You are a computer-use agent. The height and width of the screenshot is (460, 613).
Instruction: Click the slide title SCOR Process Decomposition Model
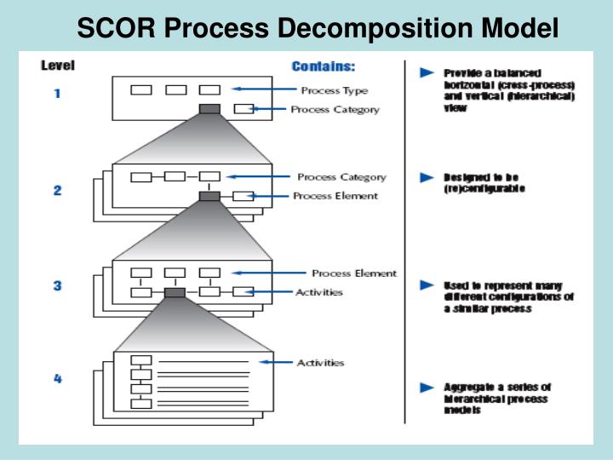tap(318, 27)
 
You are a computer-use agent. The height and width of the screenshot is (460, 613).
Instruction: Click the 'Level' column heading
tap(58, 66)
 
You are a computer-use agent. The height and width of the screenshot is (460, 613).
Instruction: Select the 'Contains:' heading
tap(324, 66)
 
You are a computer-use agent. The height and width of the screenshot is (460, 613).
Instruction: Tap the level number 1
tap(57, 95)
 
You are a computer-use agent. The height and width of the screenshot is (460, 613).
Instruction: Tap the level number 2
tap(57, 191)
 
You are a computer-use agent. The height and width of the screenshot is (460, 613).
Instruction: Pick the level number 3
tap(57, 286)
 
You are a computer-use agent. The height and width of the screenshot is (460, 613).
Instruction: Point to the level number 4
tap(57, 379)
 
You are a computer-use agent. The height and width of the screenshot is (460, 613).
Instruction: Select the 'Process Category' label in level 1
tap(335, 109)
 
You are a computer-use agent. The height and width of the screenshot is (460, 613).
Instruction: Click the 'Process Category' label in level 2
tap(341, 177)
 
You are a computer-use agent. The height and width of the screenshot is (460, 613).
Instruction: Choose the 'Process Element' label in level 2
tap(335, 196)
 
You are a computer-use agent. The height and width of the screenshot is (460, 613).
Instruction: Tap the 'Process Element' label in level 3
tap(353, 273)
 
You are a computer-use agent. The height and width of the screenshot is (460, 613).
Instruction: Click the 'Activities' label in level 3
tap(319, 292)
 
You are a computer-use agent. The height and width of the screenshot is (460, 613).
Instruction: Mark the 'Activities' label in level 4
tap(320, 363)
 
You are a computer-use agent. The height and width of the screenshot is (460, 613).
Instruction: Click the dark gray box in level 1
tap(209, 109)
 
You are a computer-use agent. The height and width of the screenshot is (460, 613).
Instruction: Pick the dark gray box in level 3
tap(175, 292)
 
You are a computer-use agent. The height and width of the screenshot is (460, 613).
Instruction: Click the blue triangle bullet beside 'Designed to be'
tap(427, 177)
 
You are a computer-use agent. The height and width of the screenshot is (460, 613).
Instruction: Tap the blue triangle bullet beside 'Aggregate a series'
tap(427, 388)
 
